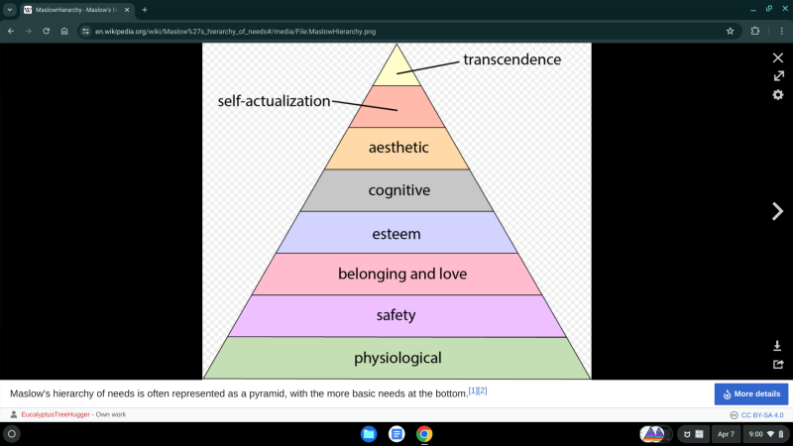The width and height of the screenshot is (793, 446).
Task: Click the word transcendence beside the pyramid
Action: [x=511, y=59]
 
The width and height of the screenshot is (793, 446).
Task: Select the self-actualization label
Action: [x=274, y=101]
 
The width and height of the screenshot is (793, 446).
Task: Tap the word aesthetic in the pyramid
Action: [x=398, y=148]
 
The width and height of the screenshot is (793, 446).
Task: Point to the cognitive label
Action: [x=398, y=190]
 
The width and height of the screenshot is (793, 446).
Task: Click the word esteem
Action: [x=396, y=234]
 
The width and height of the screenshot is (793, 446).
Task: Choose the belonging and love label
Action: [x=402, y=274]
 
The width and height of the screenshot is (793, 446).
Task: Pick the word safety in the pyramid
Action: [x=396, y=315]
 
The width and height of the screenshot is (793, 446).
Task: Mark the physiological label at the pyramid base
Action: [x=397, y=358]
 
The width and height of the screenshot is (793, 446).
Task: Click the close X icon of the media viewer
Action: [x=778, y=57]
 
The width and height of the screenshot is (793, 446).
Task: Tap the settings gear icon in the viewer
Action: [x=778, y=94]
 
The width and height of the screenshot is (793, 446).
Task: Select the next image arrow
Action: [x=778, y=210]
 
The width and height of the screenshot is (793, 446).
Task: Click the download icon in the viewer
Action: [x=778, y=346]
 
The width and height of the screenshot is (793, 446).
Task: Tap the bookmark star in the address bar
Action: [x=731, y=31]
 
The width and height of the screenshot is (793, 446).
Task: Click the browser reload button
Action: [x=46, y=31]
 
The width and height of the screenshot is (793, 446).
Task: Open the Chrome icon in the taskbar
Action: [x=424, y=434]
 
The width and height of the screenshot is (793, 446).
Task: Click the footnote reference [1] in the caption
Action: [x=473, y=390]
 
